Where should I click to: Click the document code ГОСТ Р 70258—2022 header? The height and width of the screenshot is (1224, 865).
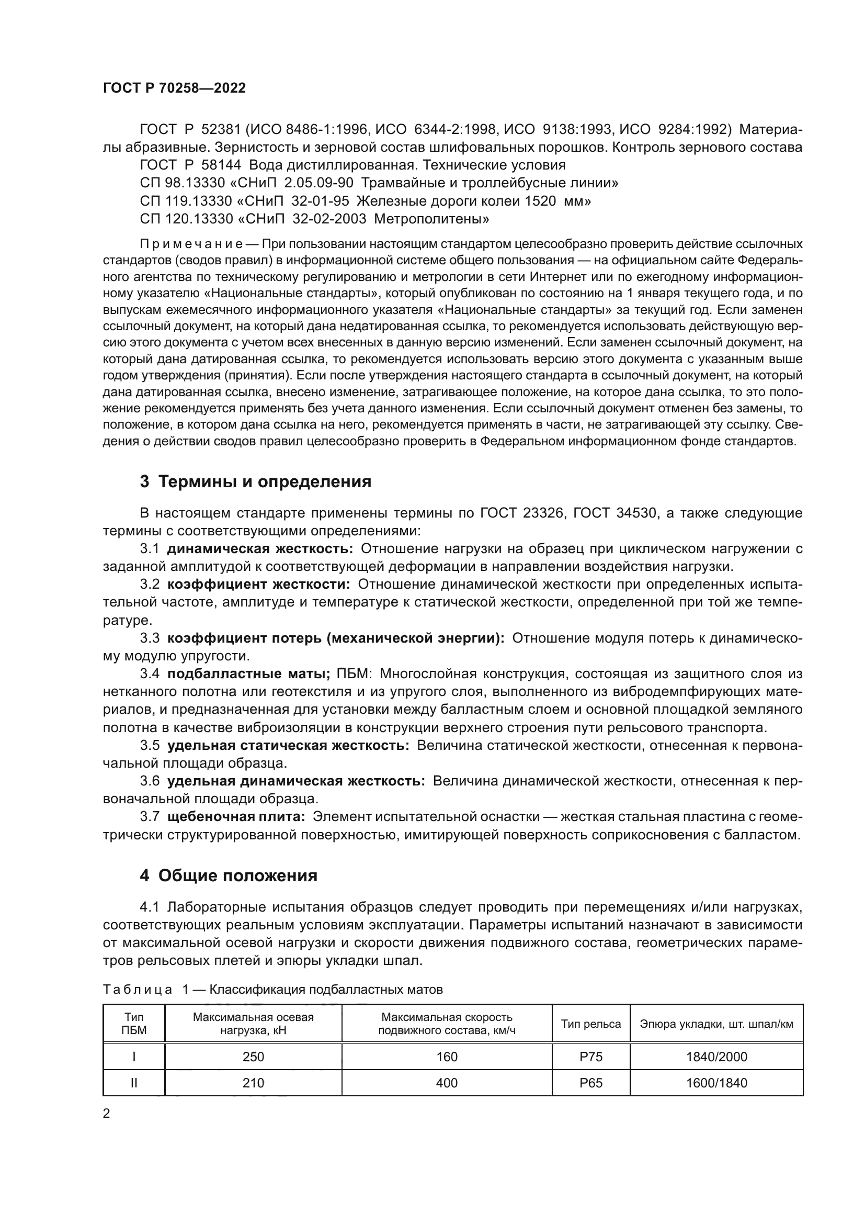(174, 88)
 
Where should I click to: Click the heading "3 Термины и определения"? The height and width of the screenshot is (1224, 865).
(255, 482)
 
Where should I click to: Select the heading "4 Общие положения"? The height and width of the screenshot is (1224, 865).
(229, 875)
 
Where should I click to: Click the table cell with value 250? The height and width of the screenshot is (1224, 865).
(253, 1056)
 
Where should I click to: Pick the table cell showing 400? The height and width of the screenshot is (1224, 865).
(447, 1083)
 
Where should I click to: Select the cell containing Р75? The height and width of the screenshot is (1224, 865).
(590, 1056)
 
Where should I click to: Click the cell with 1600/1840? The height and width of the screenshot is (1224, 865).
(716, 1083)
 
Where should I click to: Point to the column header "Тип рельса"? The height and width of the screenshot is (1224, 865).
(590, 1024)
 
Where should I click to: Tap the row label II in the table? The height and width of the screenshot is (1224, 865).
(134, 1083)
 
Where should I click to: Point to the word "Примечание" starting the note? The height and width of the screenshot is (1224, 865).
(191, 244)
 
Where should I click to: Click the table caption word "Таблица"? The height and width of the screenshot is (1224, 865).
(138, 990)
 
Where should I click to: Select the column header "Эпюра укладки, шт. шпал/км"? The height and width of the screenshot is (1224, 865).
(716, 1024)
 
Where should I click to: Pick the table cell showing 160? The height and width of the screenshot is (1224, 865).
(447, 1056)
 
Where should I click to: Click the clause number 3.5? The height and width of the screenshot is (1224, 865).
(150, 745)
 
